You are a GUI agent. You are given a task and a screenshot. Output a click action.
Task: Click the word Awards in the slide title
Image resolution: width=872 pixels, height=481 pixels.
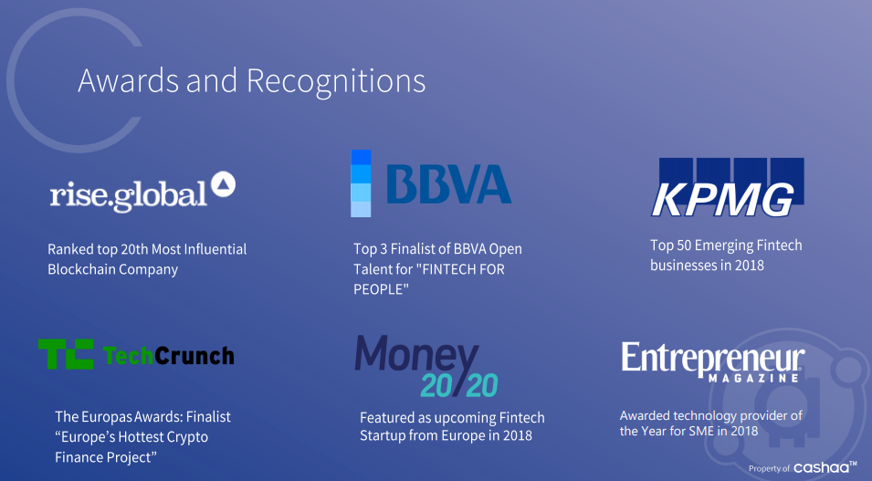[x=129, y=80]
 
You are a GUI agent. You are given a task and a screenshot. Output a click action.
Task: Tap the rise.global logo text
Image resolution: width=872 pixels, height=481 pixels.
[x=129, y=194]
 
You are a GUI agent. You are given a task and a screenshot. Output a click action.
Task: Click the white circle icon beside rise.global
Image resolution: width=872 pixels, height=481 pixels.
[x=223, y=184]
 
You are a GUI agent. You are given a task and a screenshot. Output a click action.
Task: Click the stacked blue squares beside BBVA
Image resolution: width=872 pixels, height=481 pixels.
[x=361, y=183]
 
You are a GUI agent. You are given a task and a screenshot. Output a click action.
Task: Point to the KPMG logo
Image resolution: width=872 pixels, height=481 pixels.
[x=729, y=187]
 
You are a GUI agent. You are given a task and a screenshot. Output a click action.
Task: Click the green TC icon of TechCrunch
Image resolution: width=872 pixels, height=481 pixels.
[x=66, y=353]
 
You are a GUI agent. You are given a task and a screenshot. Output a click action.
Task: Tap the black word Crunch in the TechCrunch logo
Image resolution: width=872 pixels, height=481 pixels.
[x=194, y=356]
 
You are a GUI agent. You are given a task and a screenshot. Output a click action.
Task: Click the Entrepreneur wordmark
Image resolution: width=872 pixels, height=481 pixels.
[x=713, y=359]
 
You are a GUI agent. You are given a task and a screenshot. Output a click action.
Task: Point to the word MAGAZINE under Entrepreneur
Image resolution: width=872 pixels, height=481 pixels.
[x=754, y=378]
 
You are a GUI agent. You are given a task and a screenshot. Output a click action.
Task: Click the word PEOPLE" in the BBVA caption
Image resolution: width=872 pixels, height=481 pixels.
[x=381, y=289]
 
